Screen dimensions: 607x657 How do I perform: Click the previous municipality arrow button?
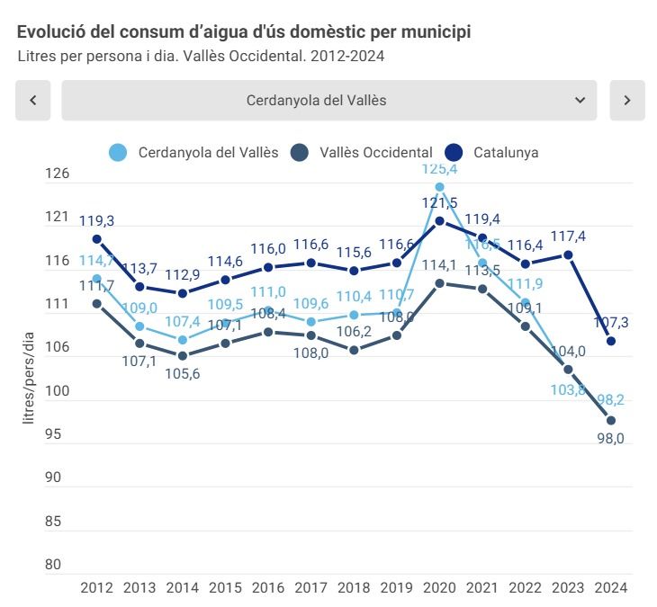coord(33,101)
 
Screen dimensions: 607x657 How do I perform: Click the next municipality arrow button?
coord(627,101)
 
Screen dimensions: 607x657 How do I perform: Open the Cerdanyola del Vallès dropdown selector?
coord(328,101)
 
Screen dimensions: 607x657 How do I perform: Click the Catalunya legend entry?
coord(492,153)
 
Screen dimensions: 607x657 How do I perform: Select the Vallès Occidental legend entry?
coord(363,153)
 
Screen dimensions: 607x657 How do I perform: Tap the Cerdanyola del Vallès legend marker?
coord(118,153)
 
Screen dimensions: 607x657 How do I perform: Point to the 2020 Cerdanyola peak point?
coord(440,187)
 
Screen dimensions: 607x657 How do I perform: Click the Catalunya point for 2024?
coord(611,341)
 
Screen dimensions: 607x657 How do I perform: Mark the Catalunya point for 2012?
coord(96,239)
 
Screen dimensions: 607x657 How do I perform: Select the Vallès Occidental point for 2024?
coord(611,421)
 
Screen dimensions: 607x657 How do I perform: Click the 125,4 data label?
coord(439,169)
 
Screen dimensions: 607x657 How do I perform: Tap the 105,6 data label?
coord(183,374)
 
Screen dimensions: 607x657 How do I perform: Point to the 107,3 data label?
coord(611,322)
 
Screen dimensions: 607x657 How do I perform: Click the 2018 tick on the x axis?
coord(354,587)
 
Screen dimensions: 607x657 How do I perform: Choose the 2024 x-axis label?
coord(611,587)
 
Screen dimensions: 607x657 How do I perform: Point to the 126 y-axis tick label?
coord(57,174)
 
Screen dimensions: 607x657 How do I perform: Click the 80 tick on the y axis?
coord(53,565)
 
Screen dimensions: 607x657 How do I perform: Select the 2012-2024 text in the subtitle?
coord(346,56)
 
